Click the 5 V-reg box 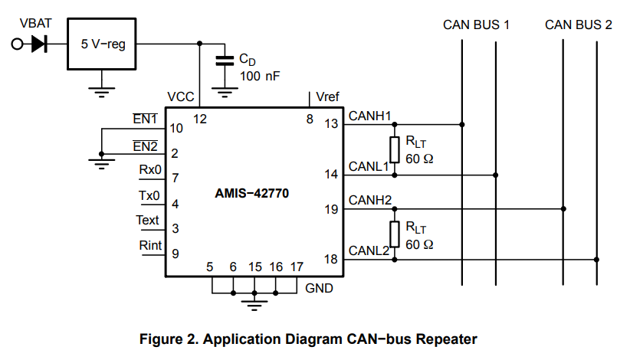pyautogui.click(x=102, y=44)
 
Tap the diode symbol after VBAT pyautogui.click(x=39, y=44)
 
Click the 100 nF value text pyautogui.click(x=260, y=76)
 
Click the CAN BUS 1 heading pyautogui.click(x=476, y=25)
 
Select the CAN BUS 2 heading pyautogui.click(x=578, y=25)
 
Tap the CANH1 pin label pyautogui.click(x=370, y=116)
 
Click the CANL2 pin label pyautogui.click(x=370, y=250)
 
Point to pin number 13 pyautogui.click(x=330, y=125)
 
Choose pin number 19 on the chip pyautogui.click(x=330, y=209)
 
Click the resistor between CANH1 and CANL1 pyautogui.click(x=395, y=149)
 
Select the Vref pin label pyautogui.click(x=327, y=97)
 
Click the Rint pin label pyautogui.click(x=150, y=246)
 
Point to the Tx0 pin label pyautogui.click(x=149, y=196)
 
